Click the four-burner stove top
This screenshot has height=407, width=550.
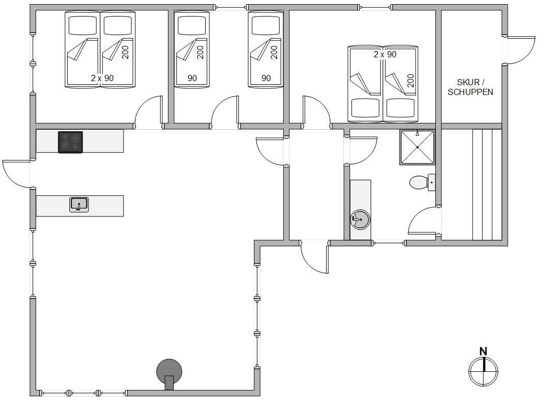[x=70, y=142]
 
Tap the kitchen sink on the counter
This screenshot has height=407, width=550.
[x=79, y=205]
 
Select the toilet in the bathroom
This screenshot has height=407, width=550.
[x=422, y=182]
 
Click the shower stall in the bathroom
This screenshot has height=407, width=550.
[x=417, y=147]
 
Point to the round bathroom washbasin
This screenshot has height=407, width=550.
[x=360, y=220]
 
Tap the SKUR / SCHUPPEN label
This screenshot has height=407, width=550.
[x=470, y=87]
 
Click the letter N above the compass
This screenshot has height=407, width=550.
[x=483, y=351]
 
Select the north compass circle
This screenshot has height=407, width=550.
[x=483, y=371]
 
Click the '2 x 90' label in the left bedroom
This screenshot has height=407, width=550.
[x=102, y=78]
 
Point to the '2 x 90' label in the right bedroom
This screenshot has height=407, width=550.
[x=385, y=54]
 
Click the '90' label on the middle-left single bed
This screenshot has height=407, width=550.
[x=192, y=78]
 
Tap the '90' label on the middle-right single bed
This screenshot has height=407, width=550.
[x=266, y=78]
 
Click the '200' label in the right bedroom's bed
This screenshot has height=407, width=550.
[x=411, y=81]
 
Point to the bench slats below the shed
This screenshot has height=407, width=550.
[x=487, y=184]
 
